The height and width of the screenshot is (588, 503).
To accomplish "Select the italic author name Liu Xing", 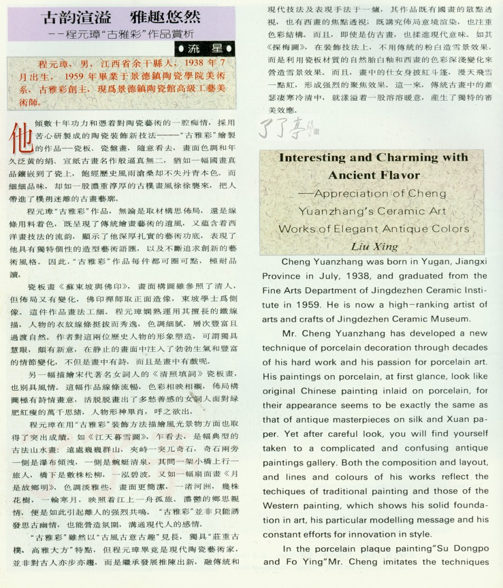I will point(374,246).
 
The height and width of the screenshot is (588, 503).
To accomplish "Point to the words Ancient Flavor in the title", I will point(374,175).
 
